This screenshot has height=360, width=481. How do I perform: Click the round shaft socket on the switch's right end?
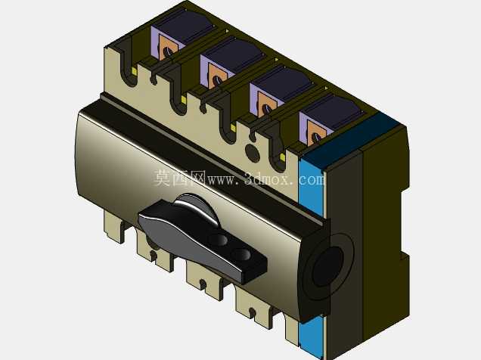click(x=327, y=266)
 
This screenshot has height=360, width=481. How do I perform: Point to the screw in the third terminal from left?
click(x=266, y=109)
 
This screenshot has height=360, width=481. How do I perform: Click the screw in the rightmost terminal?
click(x=315, y=137)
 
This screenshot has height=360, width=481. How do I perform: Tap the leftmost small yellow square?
click(x=134, y=71)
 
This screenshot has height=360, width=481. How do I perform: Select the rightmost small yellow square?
click(x=282, y=157)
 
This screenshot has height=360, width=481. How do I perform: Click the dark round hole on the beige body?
click(x=253, y=153)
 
